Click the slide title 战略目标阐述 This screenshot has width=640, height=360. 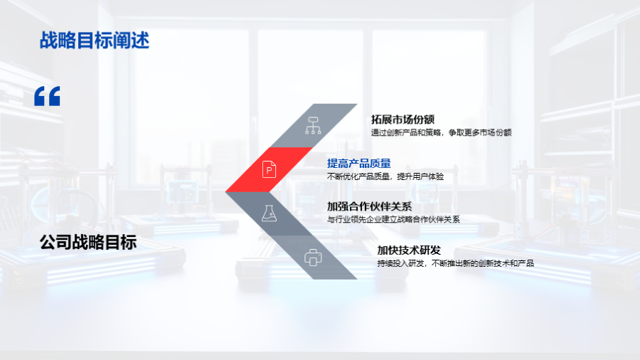click(95, 41)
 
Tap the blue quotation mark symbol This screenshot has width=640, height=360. click(47, 96)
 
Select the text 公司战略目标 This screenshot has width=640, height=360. click(88, 243)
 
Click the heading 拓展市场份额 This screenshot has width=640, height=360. click(402, 120)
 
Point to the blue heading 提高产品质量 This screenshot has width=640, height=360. click(359, 163)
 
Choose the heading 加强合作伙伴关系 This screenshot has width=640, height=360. click(369, 206)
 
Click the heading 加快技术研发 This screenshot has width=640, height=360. click(409, 250)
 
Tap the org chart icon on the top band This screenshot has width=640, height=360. click(313, 125)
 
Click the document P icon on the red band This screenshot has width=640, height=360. click(269, 169)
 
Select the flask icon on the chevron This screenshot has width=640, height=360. click(269, 213)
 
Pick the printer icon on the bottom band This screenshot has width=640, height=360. click(313, 258)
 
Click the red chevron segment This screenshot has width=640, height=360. click(270, 169)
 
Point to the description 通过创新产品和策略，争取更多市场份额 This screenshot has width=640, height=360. click(441, 132)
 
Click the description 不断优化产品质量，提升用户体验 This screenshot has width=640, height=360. click(385, 176)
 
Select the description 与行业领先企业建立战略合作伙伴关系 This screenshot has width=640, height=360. click(393, 220)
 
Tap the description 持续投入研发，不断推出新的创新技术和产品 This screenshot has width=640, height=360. click(456, 263)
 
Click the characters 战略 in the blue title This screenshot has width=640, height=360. click(58, 41)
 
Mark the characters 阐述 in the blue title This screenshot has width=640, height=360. click(132, 41)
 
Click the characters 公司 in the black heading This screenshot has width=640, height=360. click(55, 243)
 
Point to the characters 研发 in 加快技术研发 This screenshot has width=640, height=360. click(430, 250)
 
